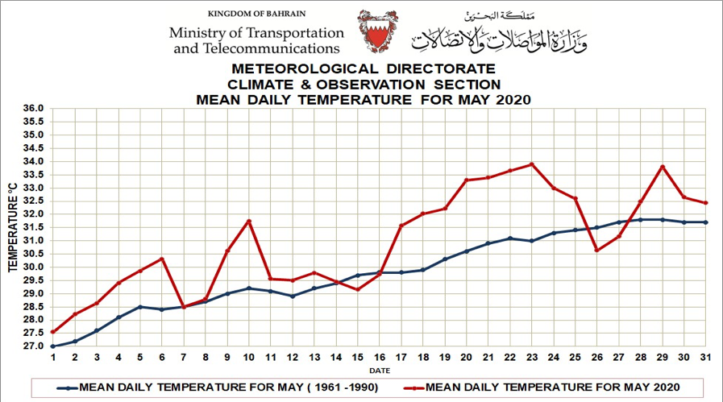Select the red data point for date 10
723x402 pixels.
tap(250, 221)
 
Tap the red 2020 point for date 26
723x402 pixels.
tap(596, 250)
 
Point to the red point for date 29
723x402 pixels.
tap(662, 167)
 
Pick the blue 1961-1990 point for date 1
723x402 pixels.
tap(53, 346)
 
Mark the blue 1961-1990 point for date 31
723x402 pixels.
tap(705, 222)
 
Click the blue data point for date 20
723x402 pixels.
tap(467, 251)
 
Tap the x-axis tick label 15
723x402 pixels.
tap(358, 358)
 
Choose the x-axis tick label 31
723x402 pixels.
tap(705, 358)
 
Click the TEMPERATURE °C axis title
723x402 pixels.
tap(12, 227)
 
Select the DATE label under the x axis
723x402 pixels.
tap(379, 370)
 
